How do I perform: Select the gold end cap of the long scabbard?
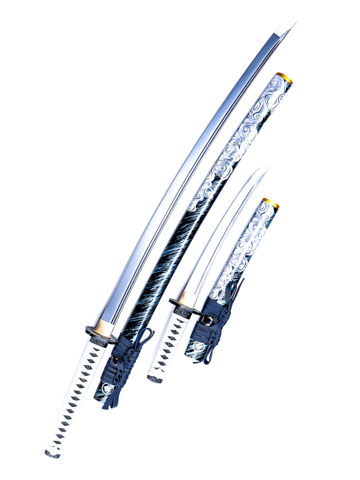(284, 78)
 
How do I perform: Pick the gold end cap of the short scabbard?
(270, 202)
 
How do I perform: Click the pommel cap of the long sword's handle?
(52, 453)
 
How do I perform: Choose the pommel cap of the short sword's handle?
(154, 378)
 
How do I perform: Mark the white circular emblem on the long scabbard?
(105, 388)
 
